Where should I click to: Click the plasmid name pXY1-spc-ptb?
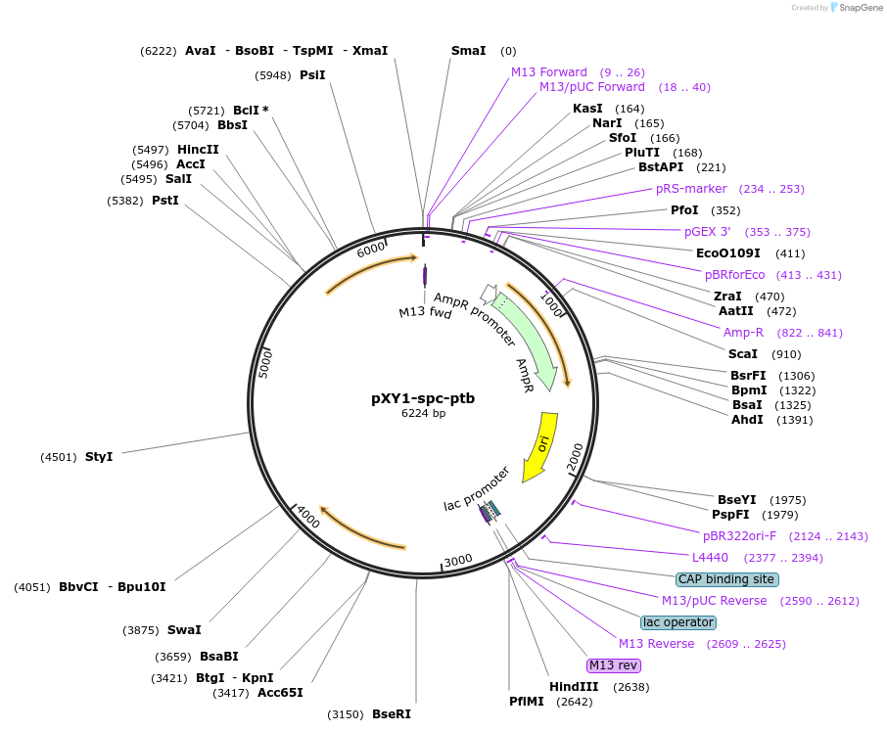tap(423, 398)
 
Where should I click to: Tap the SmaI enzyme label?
tap(468, 51)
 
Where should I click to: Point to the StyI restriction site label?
tap(99, 457)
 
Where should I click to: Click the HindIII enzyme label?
tap(574, 687)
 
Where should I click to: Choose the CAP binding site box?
tap(727, 579)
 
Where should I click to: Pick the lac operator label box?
tap(678, 622)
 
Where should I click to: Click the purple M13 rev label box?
tap(613, 665)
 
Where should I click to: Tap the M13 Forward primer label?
tap(549, 72)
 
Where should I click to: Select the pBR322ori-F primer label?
tap(739, 536)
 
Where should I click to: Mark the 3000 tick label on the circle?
tap(457, 560)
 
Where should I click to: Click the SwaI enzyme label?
tap(184, 630)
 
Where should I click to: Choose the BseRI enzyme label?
tap(392, 714)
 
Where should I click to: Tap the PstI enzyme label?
tap(165, 201)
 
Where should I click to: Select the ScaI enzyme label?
tap(742, 354)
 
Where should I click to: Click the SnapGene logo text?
tap(858, 8)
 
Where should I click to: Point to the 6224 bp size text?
tap(423, 414)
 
